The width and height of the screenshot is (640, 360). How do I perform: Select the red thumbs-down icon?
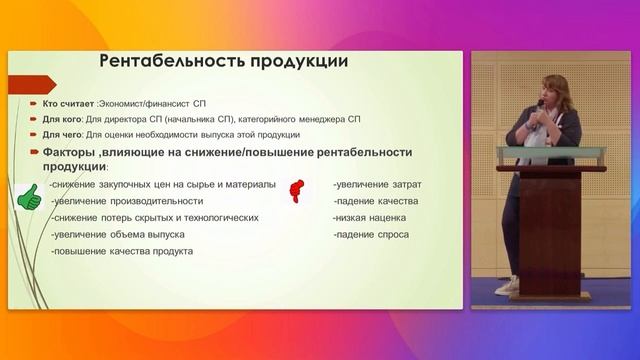coord(297,190)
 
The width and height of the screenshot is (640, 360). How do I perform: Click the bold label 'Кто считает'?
coord(65,103)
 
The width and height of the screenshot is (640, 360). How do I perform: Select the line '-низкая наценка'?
coord(367,217)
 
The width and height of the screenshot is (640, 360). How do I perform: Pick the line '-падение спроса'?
coord(367,234)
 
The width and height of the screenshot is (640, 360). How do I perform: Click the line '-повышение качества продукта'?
coord(121,250)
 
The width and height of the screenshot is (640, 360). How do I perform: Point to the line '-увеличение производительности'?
coord(120,201)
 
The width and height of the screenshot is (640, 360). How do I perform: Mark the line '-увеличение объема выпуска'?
coord(113,234)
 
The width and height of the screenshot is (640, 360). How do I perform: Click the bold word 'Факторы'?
coord(70,152)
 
